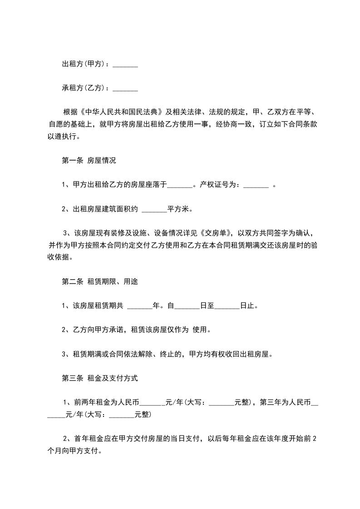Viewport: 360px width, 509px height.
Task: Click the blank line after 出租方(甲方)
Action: point(125,65)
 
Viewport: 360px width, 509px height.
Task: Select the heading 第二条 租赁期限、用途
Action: point(99,281)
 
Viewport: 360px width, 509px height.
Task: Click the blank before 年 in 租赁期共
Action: point(140,306)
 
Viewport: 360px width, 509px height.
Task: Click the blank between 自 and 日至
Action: point(187,306)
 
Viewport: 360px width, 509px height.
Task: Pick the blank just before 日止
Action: point(227,306)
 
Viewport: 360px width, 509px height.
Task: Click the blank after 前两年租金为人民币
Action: point(154,402)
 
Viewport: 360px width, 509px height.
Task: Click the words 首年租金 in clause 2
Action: point(88,439)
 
